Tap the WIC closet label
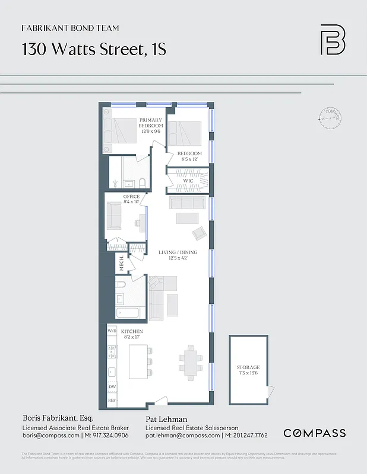(x=189, y=181)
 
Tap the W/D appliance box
(x=112, y=330)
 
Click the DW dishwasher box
(x=112, y=387)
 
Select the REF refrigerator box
(x=112, y=401)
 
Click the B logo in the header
(x=333, y=40)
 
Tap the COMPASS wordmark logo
(x=314, y=433)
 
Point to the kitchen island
(x=140, y=361)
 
